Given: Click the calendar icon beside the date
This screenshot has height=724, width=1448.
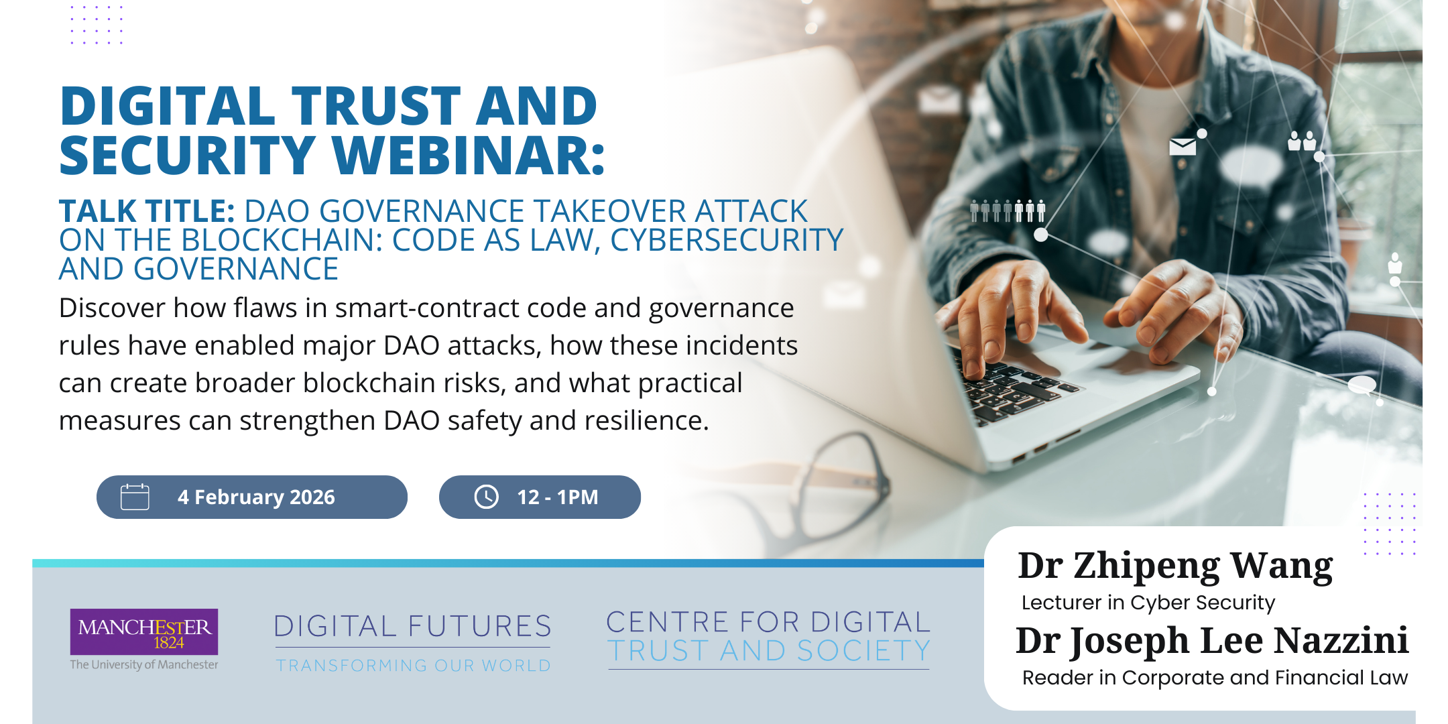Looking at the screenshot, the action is pos(135,497).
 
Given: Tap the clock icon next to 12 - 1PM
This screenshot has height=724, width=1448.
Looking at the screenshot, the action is pos(486,497).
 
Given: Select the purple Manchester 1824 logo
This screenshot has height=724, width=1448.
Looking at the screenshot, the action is pos(144,631).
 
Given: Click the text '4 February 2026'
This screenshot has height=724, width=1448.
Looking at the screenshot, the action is pos(256,497).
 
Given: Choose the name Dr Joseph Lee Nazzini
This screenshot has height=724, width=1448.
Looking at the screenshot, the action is pos(1212,641).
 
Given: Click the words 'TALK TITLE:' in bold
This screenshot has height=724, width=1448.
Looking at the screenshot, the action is pos(147,211).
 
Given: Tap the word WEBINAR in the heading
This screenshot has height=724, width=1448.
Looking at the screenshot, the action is pos(469,156).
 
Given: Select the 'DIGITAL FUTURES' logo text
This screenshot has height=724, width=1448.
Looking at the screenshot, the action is pos(413,626).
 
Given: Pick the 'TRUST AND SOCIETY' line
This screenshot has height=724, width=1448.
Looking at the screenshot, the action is pos(769,651).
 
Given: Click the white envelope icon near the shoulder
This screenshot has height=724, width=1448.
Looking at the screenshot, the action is pos(1183,146).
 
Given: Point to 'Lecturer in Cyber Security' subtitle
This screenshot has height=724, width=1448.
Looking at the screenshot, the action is pos(1148,603).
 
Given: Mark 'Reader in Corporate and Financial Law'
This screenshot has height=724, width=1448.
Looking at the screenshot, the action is pos(1215,678).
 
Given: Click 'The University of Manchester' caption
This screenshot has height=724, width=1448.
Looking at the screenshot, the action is pos(144,664).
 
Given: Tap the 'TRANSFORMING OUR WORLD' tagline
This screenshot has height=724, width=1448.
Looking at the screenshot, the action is pos(414,666).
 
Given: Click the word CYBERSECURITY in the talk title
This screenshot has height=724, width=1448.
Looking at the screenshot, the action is pos(727,240).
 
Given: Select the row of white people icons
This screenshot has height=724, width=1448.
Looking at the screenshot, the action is pos(1008,210).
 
